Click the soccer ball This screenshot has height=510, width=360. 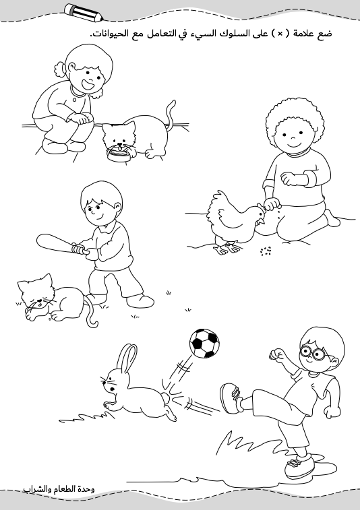pyautogui.click(x=204, y=343)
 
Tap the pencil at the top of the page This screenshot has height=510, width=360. pyautogui.click(x=84, y=13)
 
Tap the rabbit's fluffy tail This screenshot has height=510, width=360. pyautogui.click(x=166, y=397)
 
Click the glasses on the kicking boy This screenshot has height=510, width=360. pyautogui.click(x=313, y=352)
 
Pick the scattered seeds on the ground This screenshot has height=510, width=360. pyautogui.click(x=266, y=251)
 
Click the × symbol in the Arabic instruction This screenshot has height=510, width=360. pyautogui.click(x=280, y=34)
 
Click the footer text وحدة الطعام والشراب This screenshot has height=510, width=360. pyautogui.click(x=59, y=489)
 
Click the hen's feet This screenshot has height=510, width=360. pyautogui.click(x=227, y=248)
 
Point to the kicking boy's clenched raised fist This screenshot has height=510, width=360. pyautogui.click(x=276, y=354)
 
